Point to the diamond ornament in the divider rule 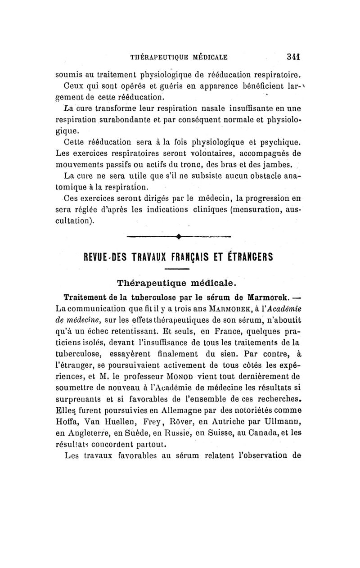coord(179,235)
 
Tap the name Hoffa coord(67,422)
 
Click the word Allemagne coord(187,410)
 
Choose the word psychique coord(277,144)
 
